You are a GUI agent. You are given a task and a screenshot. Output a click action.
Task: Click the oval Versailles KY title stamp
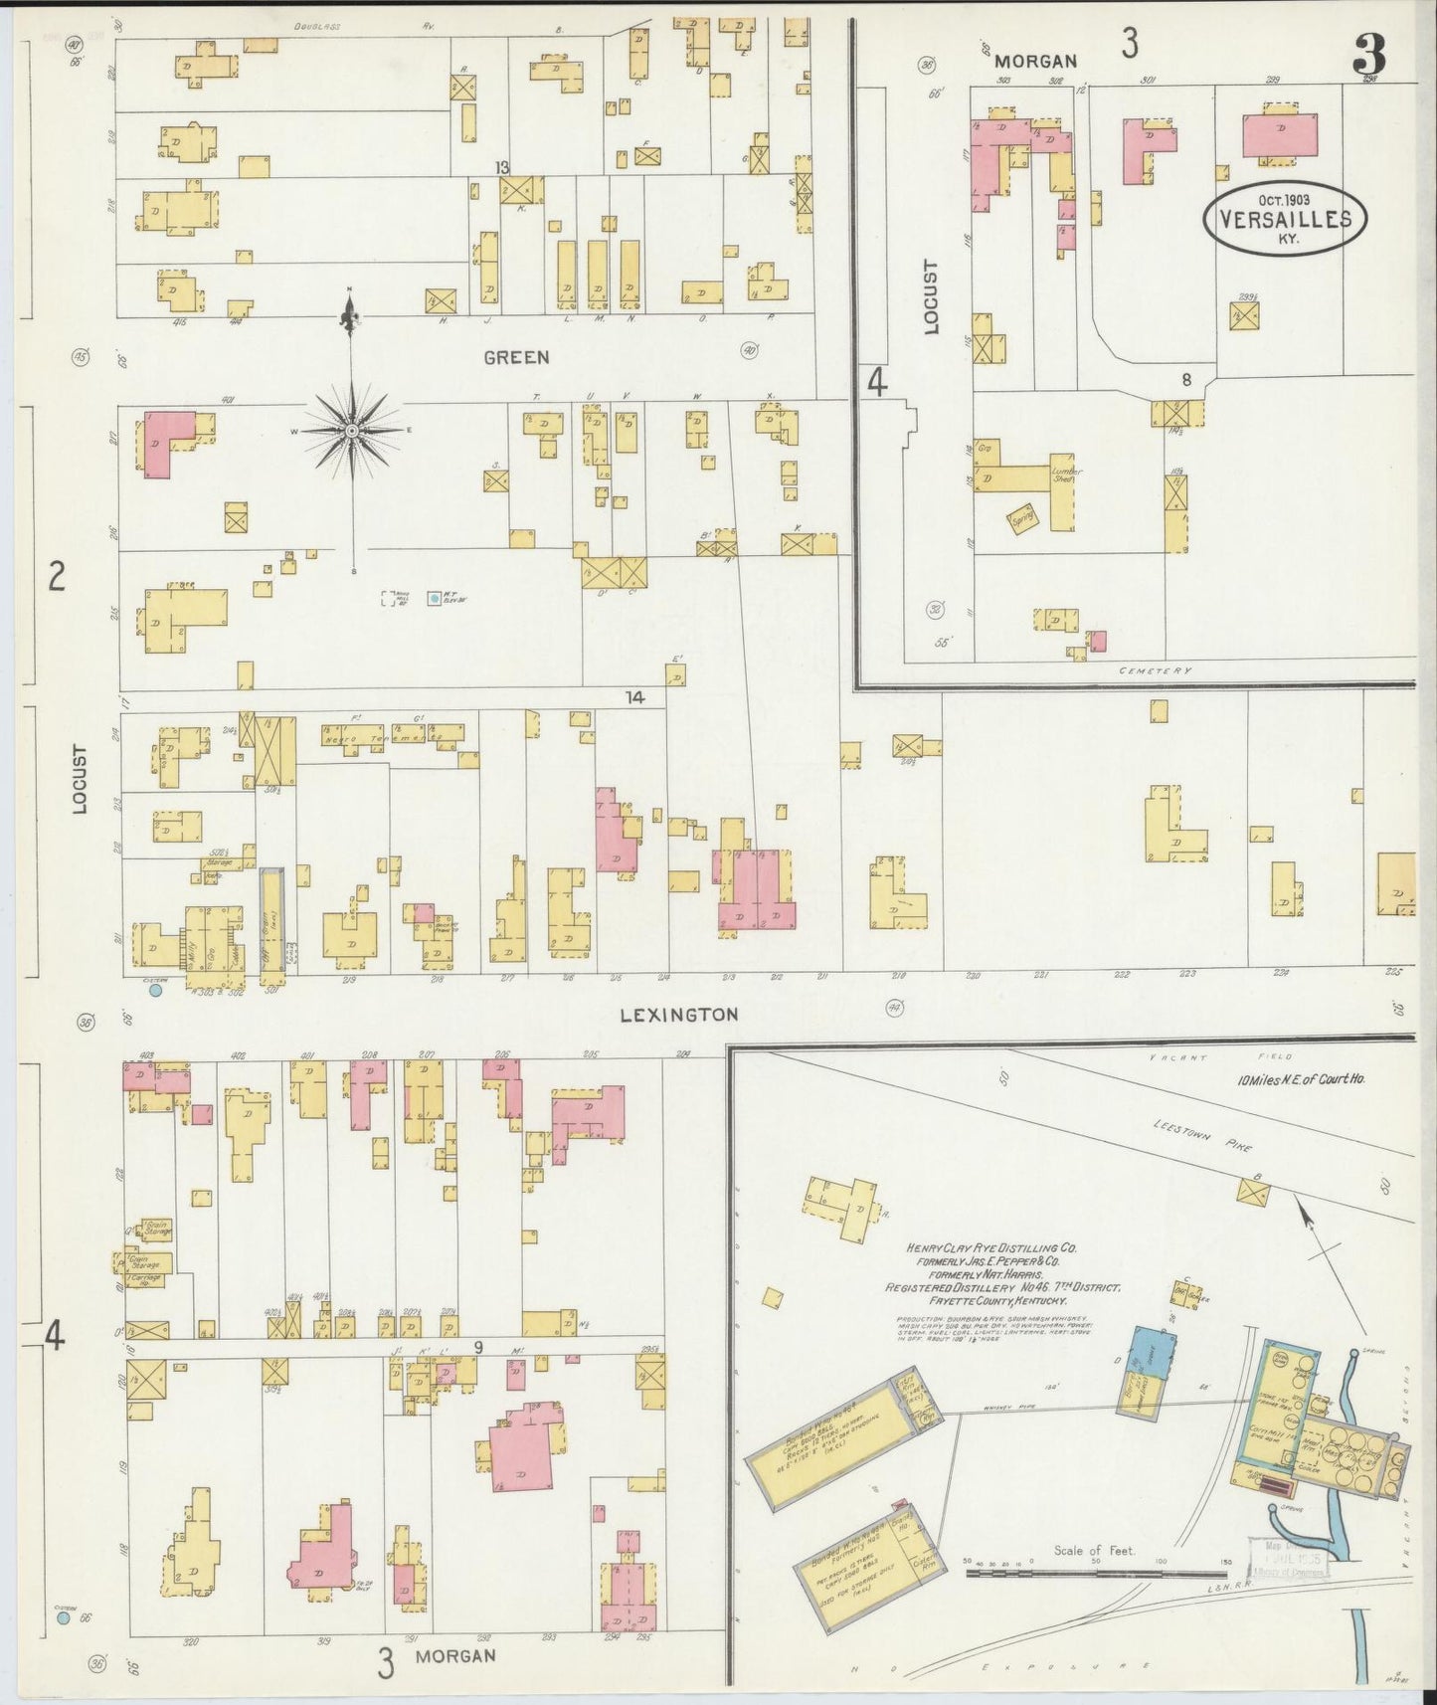coord(1284,219)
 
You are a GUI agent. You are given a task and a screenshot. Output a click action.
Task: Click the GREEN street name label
coord(516,357)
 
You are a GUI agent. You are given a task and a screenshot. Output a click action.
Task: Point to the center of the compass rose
coord(351,430)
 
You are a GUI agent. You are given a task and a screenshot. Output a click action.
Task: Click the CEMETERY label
coord(1155,670)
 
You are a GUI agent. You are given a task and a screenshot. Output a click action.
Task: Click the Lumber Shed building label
coord(1066,474)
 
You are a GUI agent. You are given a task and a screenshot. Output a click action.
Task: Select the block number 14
coord(634,698)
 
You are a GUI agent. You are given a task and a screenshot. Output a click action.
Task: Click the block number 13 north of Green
coord(504,167)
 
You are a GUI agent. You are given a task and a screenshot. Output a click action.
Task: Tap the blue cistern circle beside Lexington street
coord(155,990)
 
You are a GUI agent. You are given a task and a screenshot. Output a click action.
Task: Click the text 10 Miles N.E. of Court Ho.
coord(1301,1079)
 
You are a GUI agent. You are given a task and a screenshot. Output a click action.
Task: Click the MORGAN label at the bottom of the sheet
coord(454,1655)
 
